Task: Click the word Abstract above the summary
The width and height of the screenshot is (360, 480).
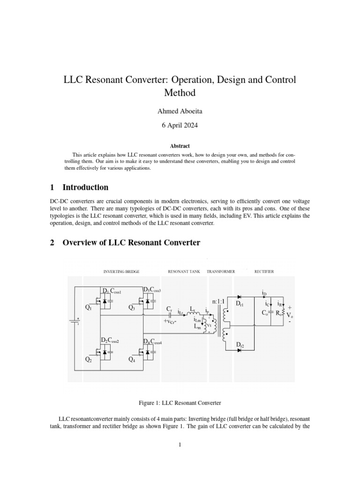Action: tap(180, 146)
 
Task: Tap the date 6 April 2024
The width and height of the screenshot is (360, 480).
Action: tap(180, 126)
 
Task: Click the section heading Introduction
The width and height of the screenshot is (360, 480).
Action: tap(85, 187)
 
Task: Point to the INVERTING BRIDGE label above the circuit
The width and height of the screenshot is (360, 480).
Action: tap(121, 271)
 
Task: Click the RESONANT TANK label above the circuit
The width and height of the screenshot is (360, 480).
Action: tap(184, 271)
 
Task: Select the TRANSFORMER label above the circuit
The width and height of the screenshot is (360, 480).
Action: tap(221, 271)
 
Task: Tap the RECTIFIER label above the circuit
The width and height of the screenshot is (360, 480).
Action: tap(264, 271)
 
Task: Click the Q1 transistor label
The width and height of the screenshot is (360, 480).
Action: tap(89, 307)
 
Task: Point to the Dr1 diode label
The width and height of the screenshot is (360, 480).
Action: tap(240, 304)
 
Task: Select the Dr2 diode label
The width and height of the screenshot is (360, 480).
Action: tap(240, 345)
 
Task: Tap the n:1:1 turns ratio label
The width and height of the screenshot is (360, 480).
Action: tap(221, 301)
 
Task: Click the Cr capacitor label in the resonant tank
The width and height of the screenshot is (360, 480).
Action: tap(169, 309)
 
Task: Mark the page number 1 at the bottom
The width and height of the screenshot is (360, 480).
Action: tap(180, 445)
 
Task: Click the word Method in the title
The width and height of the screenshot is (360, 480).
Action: tap(180, 93)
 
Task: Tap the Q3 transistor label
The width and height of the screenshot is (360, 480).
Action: tap(132, 307)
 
